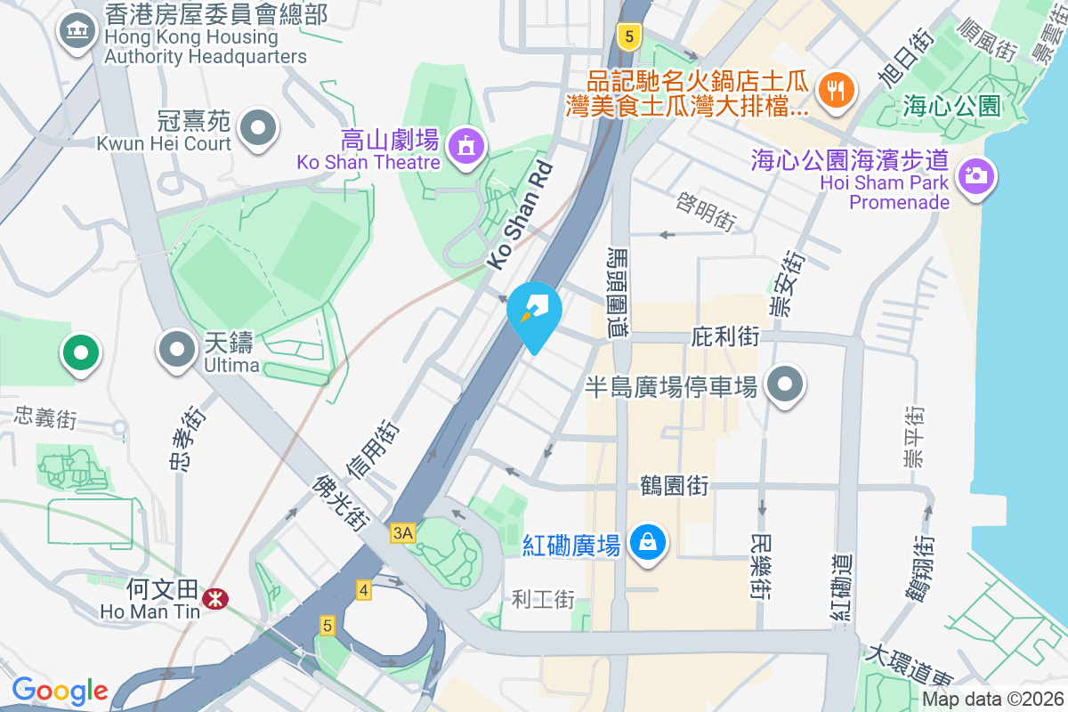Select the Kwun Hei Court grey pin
[x=259, y=126]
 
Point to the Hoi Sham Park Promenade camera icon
[x=976, y=174]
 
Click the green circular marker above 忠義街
[x=81, y=353]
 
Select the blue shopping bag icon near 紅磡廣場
[x=649, y=541]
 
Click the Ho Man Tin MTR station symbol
[x=214, y=600]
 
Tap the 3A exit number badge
[x=402, y=532]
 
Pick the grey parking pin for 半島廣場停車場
[x=785, y=385]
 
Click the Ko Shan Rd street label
[x=520, y=214]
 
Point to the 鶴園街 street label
[x=675, y=486]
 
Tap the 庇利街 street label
[x=725, y=336]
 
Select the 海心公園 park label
[x=951, y=107]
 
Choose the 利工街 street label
[x=544, y=599]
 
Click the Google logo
[x=60, y=691]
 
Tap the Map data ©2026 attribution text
[x=991, y=700]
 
